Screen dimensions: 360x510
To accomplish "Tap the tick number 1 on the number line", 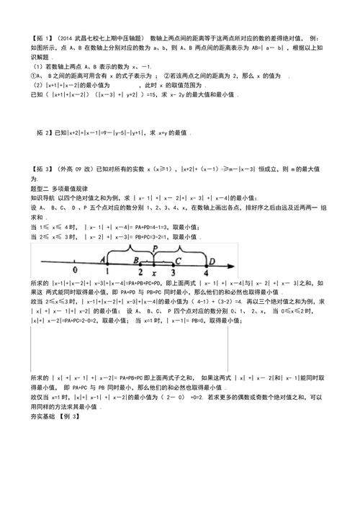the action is [x=106, y=272].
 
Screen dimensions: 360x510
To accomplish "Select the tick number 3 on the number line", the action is [x=171, y=272].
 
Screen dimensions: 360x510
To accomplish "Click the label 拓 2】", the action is [x=48, y=133].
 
